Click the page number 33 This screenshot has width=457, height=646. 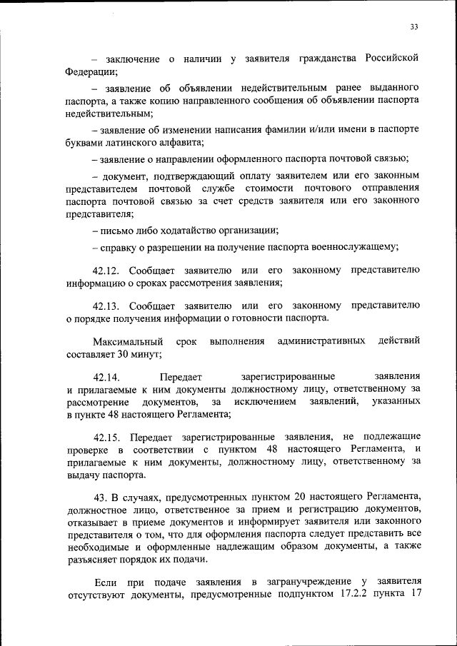pyautogui.click(x=414, y=27)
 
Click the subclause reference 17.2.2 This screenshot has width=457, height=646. pyautogui.click(x=348, y=594)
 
